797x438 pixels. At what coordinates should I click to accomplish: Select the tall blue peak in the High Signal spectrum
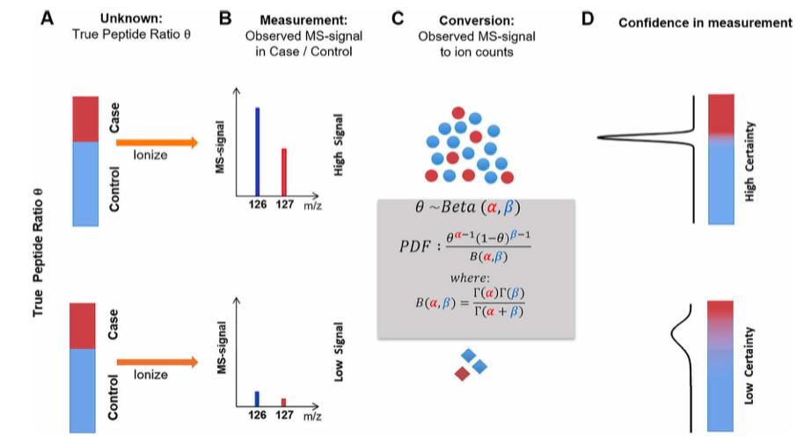click(257, 150)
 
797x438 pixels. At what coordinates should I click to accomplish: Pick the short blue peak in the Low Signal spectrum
click(257, 398)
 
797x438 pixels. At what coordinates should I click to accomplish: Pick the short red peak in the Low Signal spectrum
click(283, 402)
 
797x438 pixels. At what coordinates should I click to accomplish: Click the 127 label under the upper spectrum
click(285, 204)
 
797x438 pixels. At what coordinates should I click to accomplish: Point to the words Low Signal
click(340, 358)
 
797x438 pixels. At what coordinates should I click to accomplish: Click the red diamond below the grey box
click(461, 374)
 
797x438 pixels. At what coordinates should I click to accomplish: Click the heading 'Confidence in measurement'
click(705, 22)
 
